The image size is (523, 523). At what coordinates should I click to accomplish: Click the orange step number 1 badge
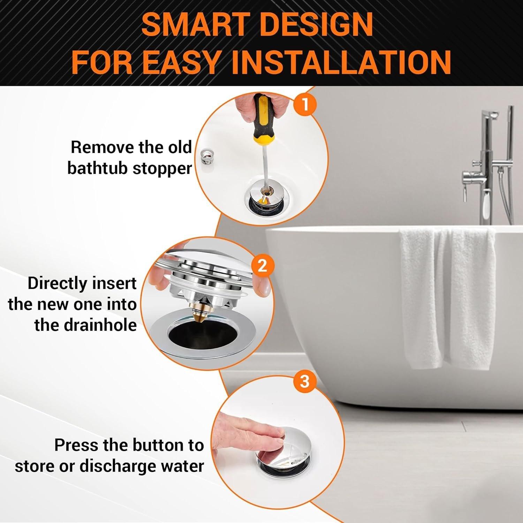[305, 105]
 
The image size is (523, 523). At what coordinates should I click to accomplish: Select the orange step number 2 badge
[262, 266]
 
